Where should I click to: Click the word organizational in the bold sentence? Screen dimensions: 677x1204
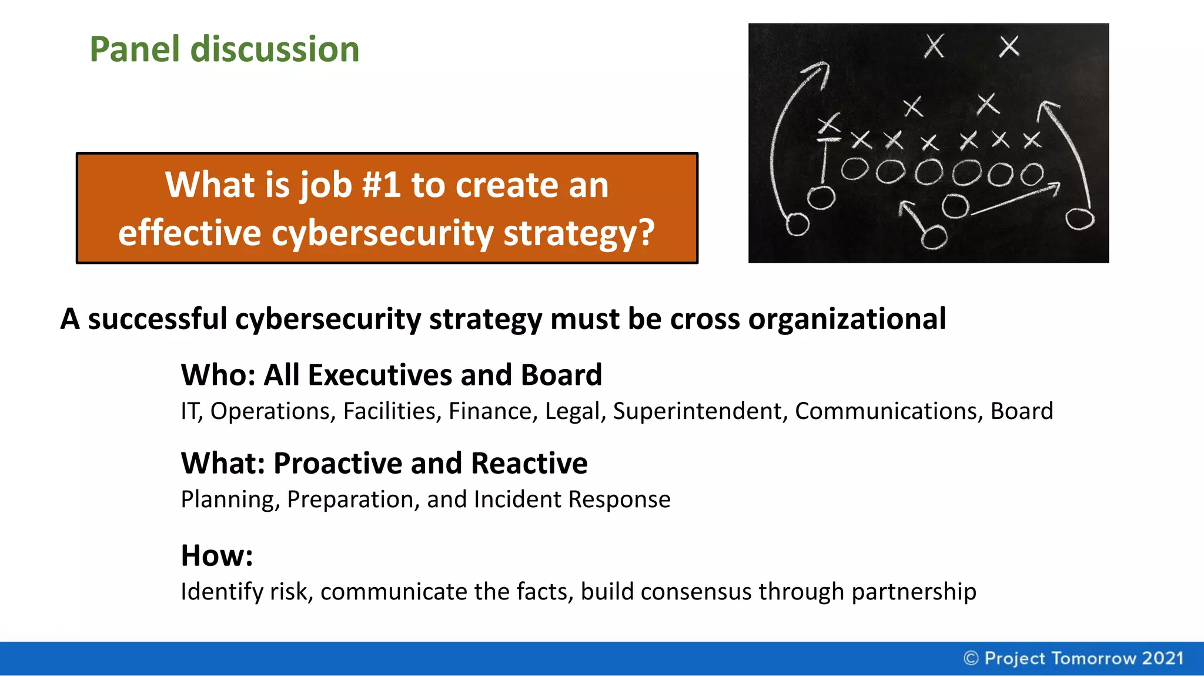pos(847,319)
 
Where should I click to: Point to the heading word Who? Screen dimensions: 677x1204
pos(218,375)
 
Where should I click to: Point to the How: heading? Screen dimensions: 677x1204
pos(216,555)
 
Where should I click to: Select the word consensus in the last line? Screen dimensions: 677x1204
pos(695,592)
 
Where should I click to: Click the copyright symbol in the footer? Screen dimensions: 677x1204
pos(971,658)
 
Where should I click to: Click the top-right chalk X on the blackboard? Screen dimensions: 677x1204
pos(1009,46)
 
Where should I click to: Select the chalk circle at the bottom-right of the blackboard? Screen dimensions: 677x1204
pos(1080,219)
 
